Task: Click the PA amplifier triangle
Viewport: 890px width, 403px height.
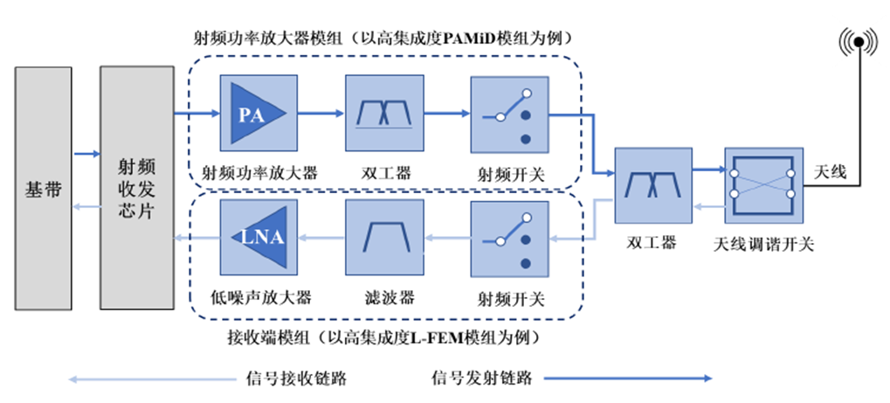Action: [254, 114]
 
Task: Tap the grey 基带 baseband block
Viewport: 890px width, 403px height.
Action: [44, 188]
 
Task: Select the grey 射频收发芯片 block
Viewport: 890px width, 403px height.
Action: [137, 188]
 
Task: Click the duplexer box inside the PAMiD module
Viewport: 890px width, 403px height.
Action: [384, 115]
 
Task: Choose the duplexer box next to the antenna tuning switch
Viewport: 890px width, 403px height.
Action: [652, 186]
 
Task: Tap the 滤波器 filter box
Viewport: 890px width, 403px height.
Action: [384, 236]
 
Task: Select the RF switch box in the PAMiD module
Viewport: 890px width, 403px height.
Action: [510, 115]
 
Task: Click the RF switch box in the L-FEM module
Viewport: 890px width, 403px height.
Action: [510, 236]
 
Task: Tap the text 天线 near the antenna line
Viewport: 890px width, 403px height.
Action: [830, 171]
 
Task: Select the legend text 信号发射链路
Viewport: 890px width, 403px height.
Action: [482, 378]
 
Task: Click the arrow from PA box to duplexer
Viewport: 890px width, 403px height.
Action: [321, 113]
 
